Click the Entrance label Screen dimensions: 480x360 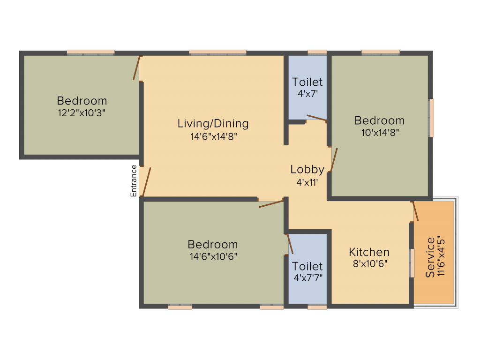click(x=134, y=180)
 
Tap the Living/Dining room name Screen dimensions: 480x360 click(x=213, y=123)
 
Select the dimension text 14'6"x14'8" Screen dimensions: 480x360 click(x=214, y=136)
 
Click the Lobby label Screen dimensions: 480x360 click(x=307, y=170)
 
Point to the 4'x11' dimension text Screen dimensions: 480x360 click(x=307, y=182)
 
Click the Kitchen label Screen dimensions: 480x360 click(x=369, y=252)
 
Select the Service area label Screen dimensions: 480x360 click(x=430, y=257)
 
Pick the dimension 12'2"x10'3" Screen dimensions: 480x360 click(x=82, y=113)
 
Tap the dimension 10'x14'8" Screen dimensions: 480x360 click(x=380, y=133)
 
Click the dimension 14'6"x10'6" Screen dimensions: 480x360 click(x=213, y=256)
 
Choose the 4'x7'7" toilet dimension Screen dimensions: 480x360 click(x=308, y=277)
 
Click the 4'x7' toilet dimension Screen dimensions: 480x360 click(x=307, y=93)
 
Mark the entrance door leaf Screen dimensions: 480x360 click(x=147, y=182)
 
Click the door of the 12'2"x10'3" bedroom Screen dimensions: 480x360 click(x=136, y=68)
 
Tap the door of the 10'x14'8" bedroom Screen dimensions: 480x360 click(x=334, y=160)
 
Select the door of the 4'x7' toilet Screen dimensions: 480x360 click(x=316, y=118)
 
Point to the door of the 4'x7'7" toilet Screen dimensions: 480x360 click(x=290, y=244)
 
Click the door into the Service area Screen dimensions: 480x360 click(x=415, y=211)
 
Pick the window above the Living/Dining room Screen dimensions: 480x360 click(x=217, y=52)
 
